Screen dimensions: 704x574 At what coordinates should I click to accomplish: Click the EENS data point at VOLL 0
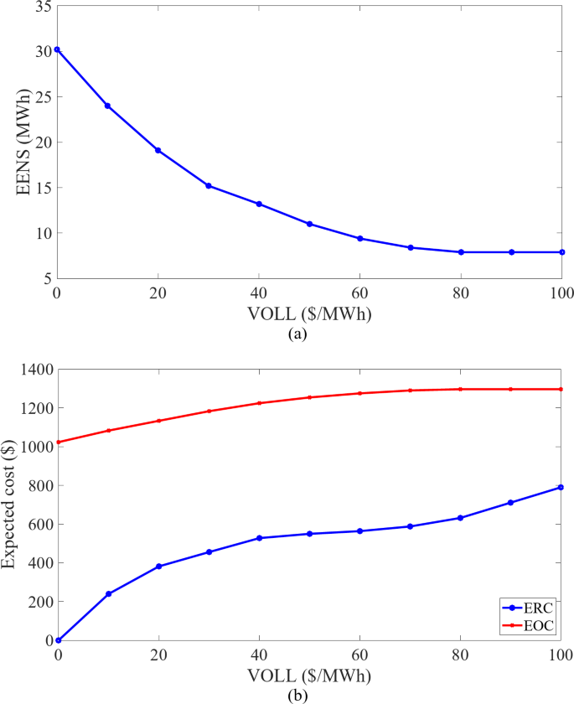(x=57, y=49)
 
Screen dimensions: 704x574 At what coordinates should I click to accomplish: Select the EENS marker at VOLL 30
(x=209, y=185)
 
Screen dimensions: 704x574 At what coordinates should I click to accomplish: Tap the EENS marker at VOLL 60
(x=360, y=238)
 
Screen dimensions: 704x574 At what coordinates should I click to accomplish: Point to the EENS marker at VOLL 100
(x=561, y=251)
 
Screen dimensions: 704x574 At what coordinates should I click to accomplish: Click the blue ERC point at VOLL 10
(x=108, y=593)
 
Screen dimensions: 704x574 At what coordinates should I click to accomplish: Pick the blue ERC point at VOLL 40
(x=259, y=538)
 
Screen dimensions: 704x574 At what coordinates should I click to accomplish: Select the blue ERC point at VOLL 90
(x=511, y=503)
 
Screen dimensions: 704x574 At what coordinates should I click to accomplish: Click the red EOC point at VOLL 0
(x=57, y=442)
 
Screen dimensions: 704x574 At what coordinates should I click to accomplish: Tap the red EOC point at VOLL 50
(x=309, y=397)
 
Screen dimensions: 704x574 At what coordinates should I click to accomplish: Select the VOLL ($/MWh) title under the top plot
(x=309, y=315)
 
